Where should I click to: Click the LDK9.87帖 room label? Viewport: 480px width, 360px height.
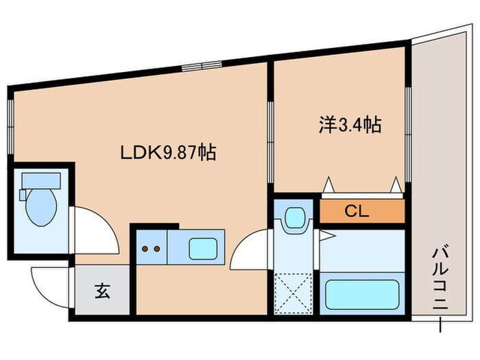click(169, 152)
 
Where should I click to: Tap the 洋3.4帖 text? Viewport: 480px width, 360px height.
click(350, 125)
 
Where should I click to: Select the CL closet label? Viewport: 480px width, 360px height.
click(357, 211)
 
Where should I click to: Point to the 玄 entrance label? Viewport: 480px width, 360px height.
click(101, 291)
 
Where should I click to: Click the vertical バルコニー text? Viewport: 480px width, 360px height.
click(439, 282)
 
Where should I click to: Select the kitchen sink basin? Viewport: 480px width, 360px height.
click(204, 246)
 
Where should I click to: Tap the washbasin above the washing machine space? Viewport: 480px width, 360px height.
click(295, 219)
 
